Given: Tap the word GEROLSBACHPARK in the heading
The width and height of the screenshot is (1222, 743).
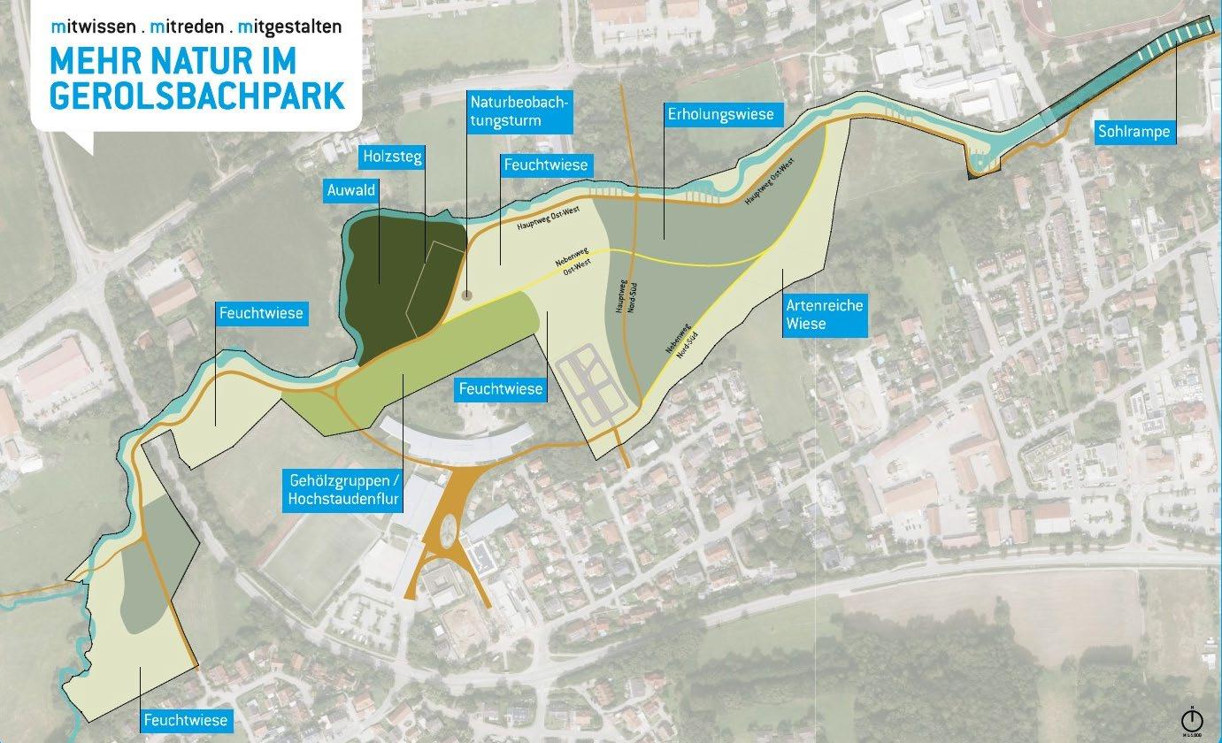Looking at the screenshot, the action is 196,96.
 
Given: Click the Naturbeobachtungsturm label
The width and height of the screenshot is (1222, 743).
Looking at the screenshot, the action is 521,112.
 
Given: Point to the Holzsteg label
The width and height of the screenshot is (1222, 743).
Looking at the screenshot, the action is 392,157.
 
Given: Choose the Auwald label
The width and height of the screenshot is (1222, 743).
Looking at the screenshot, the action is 351,189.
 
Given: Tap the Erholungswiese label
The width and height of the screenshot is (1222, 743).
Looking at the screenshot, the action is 720,114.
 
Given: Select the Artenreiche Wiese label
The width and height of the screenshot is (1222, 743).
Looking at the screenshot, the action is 824,314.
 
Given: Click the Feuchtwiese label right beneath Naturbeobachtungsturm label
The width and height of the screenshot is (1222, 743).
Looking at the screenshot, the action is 545,165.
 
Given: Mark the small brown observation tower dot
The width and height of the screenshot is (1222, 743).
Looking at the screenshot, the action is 467,295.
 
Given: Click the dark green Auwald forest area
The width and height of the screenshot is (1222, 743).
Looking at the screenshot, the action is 389,265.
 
